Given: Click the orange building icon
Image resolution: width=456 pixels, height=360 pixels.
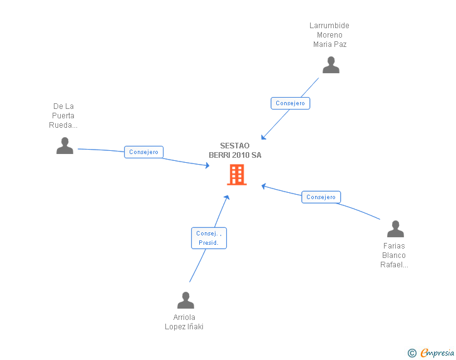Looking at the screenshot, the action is point(237,175).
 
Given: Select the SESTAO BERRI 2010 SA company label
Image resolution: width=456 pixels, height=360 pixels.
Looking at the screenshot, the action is point(235,150).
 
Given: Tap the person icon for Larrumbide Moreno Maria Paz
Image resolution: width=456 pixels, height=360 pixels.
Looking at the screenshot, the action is point(331,65).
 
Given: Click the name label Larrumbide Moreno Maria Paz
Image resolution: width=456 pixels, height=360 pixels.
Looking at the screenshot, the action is point(329,35).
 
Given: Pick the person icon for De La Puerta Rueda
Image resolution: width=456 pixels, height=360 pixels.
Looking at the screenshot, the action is point(65,145).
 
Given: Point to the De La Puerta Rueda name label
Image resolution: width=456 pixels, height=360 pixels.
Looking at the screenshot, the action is point(63,115).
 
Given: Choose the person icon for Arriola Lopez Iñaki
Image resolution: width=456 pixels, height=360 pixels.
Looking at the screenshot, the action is point(185,300).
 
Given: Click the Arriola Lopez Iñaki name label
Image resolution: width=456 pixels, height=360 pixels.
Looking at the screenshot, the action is point(184,322).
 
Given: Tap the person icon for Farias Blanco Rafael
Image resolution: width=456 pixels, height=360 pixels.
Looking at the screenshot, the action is point(395,229).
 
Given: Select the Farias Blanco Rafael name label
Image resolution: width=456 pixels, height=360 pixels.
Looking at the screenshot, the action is point(394,255).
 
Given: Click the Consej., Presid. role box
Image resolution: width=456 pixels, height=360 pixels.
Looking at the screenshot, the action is point(209,238).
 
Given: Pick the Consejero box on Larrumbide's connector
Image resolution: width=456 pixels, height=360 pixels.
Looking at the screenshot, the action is point(290,103).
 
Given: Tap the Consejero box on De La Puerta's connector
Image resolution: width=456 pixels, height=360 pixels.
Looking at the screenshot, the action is point(143,152).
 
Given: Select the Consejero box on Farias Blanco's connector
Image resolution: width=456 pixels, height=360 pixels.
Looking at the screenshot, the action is point(321,197).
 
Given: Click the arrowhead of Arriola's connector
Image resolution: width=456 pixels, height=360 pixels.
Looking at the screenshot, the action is point(227,197).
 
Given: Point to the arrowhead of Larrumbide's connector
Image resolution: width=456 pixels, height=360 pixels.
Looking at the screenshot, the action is point(263,137).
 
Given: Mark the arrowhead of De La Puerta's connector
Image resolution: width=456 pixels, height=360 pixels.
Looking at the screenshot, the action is point(207,165).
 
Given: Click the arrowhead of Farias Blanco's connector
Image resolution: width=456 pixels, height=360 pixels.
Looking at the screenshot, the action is point(264,186).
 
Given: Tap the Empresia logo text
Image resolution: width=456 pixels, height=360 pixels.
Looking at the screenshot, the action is point(437,353).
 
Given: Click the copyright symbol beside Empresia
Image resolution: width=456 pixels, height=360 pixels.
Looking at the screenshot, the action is point(412,353).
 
